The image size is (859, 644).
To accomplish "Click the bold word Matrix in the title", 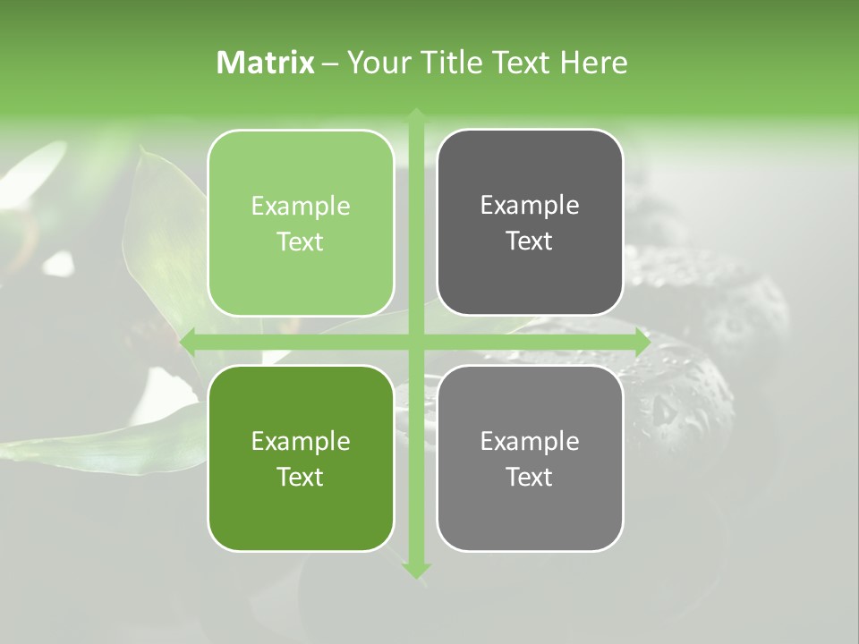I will coord(266,63).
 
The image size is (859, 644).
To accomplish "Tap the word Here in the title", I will coord(593,63).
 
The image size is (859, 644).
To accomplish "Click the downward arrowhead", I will coord(416,569).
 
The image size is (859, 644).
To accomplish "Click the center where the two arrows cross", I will coord(416,343).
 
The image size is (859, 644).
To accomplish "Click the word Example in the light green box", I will coord(301,207).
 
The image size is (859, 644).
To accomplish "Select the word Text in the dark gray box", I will coord(530,241).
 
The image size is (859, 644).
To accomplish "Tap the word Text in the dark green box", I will coord(301,477).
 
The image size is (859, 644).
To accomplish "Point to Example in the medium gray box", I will coord(530,441).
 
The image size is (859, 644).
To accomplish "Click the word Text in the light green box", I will coord(301,242).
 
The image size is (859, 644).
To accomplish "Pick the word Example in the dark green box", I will coord(301,442).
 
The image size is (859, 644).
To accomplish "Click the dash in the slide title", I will coord(330,64).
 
